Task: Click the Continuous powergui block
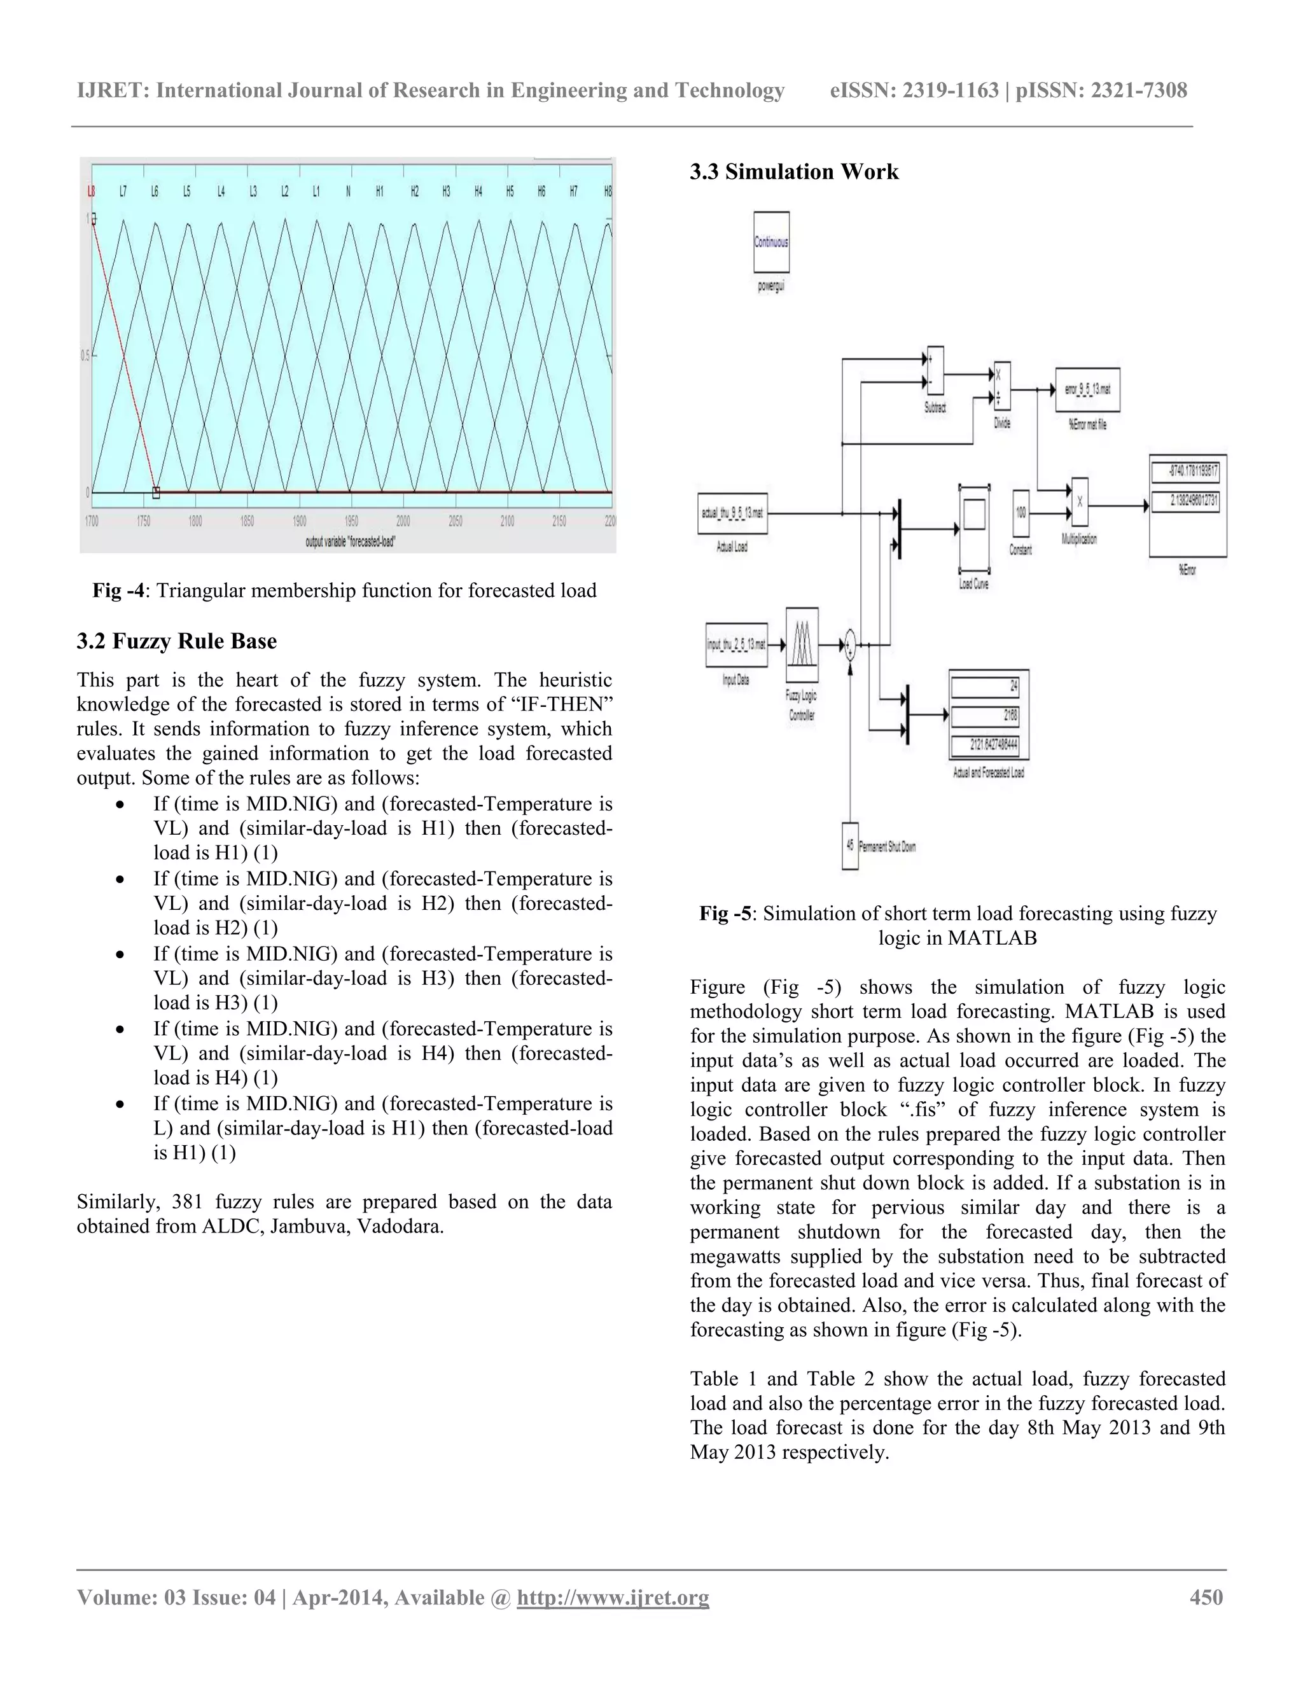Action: pyautogui.click(x=770, y=242)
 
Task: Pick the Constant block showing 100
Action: pyautogui.click(x=1021, y=513)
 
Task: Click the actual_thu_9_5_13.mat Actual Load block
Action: pyautogui.click(x=732, y=513)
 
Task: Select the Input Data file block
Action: pyautogui.click(x=736, y=644)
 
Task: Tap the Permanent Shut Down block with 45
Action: pyautogui.click(x=850, y=846)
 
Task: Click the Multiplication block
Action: pyautogui.click(x=1079, y=503)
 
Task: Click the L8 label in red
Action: pyautogui.click(x=91, y=192)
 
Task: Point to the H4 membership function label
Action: pyautogui.click(x=478, y=192)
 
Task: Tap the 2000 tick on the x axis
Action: pyautogui.click(x=403, y=522)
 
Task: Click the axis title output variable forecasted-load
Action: pyautogui.click(x=351, y=541)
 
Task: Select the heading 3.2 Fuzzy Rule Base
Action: pyautogui.click(x=177, y=641)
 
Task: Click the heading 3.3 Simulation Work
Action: pyautogui.click(x=794, y=171)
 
